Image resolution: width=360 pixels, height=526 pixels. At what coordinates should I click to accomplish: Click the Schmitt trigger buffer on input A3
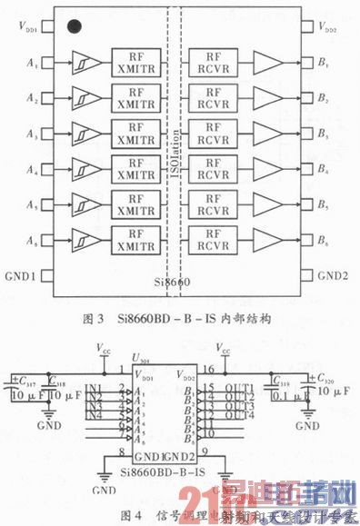point(85,133)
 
